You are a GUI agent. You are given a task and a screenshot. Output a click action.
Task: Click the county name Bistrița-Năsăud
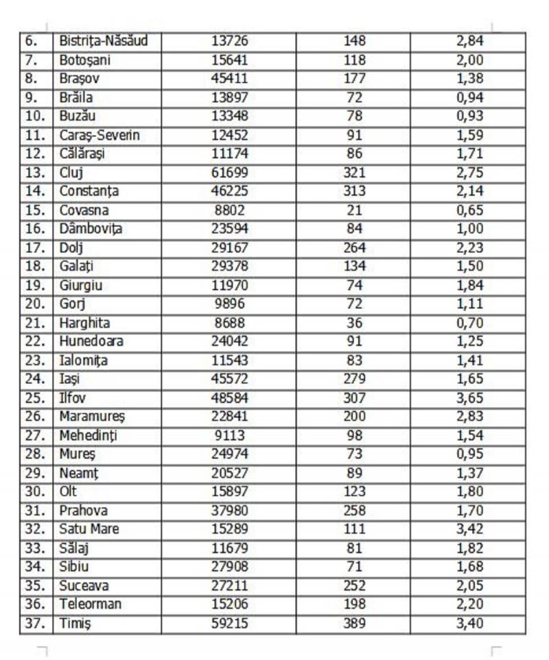click(x=101, y=41)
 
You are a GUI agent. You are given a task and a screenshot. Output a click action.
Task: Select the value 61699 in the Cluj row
click(x=229, y=173)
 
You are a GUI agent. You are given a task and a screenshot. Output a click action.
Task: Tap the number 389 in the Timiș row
click(x=354, y=624)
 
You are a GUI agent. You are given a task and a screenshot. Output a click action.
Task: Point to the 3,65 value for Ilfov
click(x=469, y=398)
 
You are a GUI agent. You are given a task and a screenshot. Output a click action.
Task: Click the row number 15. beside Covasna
click(x=35, y=210)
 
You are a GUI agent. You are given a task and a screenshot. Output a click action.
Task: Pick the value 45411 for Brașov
click(x=229, y=79)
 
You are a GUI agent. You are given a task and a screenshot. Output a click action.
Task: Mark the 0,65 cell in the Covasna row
click(x=469, y=210)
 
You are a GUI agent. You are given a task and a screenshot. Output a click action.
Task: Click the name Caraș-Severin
click(x=100, y=135)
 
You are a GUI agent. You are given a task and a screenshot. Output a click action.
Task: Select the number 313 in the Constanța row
click(x=354, y=191)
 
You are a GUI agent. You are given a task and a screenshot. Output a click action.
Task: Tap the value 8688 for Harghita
click(x=229, y=323)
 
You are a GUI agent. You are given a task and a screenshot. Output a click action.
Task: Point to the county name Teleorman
click(x=90, y=604)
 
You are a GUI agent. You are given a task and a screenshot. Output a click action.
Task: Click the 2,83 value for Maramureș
click(x=469, y=417)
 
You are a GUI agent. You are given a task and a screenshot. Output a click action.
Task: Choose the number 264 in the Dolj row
click(x=354, y=247)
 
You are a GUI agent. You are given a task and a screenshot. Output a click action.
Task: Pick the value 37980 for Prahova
click(x=229, y=511)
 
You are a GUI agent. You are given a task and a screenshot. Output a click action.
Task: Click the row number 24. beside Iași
click(x=35, y=379)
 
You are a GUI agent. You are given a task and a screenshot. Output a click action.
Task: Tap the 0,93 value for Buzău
click(x=469, y=117)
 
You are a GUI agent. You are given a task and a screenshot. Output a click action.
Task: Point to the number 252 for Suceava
click(x=354, y=586)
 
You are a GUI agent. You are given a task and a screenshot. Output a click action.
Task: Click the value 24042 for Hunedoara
click(x=229, y=341)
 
